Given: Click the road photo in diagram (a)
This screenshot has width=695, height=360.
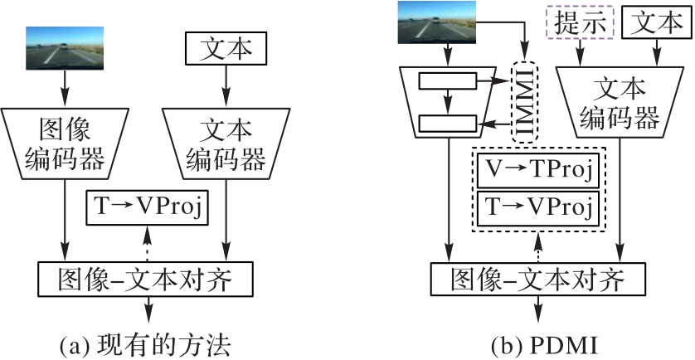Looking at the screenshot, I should pyautogui.click(x=64, y=46).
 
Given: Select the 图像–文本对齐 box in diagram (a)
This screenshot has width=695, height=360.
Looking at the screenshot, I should pyautogui.click(x=145, y=280).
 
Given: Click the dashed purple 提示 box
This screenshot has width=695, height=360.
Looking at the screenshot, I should pyautogui.click(x=578, y=23).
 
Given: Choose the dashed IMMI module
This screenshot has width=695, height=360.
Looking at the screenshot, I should pyautogui.click(x=523, y=102).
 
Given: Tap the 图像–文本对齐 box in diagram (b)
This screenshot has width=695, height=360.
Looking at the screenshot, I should pyautogui.click(x=537, y=280).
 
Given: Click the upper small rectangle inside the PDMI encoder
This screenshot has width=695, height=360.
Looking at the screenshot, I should pyautogui.click(x=448, y=81).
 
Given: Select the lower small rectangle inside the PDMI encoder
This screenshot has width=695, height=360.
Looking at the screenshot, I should pyautogui.click(x=448, y=124).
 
